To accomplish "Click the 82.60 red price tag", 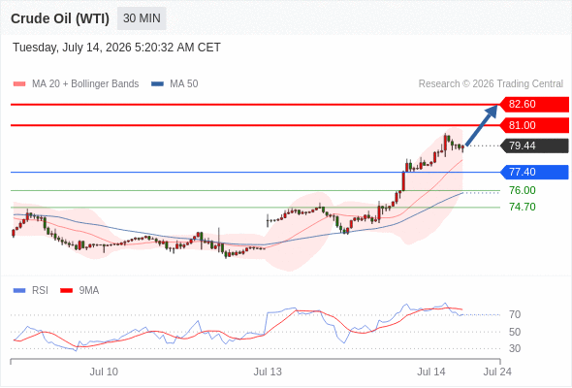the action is (534, 104).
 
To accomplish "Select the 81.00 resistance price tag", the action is (534, 125).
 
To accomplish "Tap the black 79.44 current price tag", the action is (534, 145).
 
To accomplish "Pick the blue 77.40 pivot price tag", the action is (534, 172).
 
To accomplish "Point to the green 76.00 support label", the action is (523, 190).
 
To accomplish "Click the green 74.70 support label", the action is (523, 207).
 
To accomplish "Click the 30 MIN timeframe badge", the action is (142, 18).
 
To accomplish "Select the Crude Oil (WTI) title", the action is (60, 18).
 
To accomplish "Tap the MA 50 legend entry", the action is (175, 84).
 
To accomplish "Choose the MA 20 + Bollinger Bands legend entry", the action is (76, 84).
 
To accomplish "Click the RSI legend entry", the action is (31, 291).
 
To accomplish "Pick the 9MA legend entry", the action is (79, 291).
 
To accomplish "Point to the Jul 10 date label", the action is (104, 372).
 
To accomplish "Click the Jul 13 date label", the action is (268, 372).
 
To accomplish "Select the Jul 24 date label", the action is (497, 372).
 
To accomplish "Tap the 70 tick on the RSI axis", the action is (515, 314).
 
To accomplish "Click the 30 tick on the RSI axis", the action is (515, 348).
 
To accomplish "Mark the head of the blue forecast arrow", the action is (496, 106).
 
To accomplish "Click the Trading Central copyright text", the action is (491, 84).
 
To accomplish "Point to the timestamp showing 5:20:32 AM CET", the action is (177, 48).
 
